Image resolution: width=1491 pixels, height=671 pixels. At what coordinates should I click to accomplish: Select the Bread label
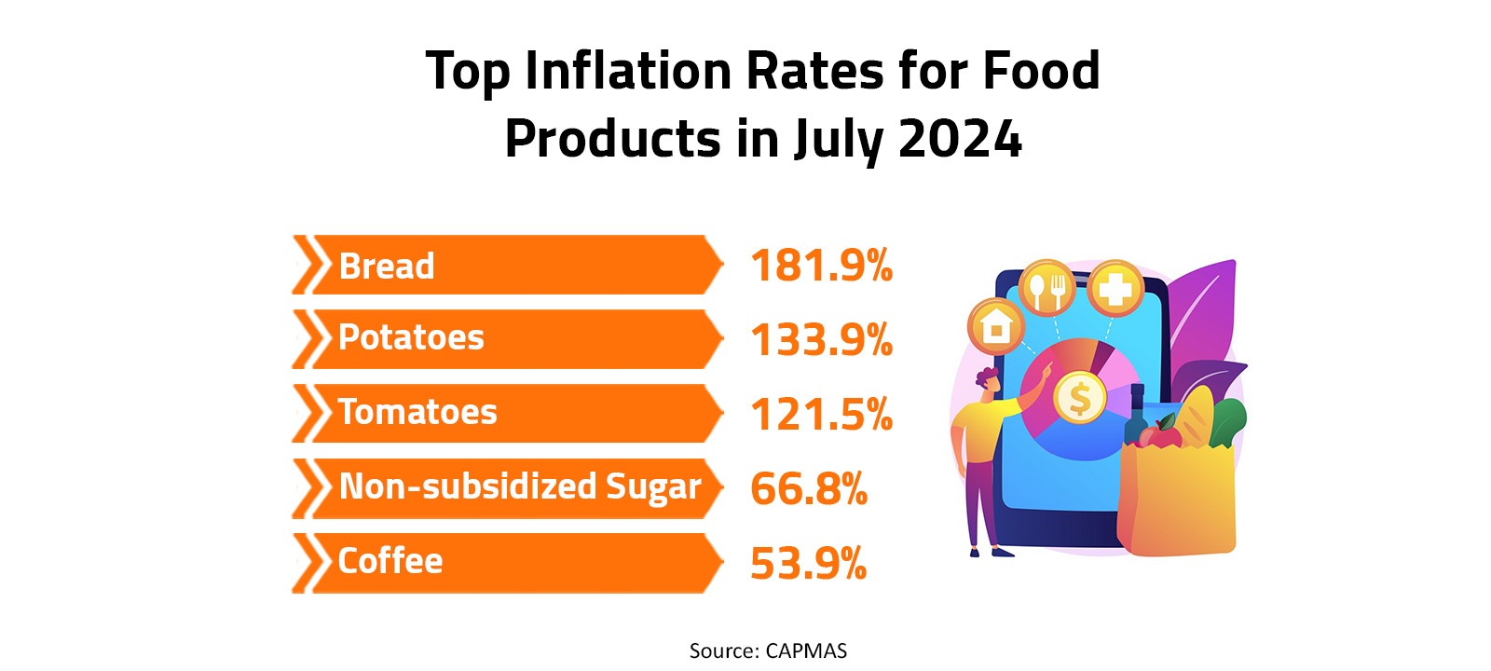point(387,267)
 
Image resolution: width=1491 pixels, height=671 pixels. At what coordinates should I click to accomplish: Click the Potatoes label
point(411,337)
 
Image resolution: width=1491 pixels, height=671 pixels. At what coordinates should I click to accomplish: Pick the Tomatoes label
point(417,412)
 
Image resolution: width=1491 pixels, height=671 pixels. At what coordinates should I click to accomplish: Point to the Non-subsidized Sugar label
point(519,486)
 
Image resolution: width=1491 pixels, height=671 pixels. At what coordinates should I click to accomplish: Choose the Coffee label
point(390,561)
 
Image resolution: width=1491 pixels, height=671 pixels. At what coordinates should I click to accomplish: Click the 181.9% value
point(821,266)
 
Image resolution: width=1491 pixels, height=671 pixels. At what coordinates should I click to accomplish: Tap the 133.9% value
point(821,340)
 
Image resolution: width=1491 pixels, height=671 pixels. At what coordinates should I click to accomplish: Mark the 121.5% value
point(821,415)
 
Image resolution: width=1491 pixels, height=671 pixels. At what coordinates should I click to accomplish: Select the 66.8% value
point(808,489)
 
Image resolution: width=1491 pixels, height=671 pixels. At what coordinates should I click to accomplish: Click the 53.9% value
point(808,564)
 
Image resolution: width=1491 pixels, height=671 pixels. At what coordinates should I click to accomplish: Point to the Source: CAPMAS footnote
point(768,651)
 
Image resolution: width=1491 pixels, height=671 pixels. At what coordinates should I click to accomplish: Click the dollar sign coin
point(1079,399)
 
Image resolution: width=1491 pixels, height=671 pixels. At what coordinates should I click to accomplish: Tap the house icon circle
point(997,327)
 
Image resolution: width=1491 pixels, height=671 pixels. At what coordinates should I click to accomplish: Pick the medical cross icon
point(1115,288)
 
